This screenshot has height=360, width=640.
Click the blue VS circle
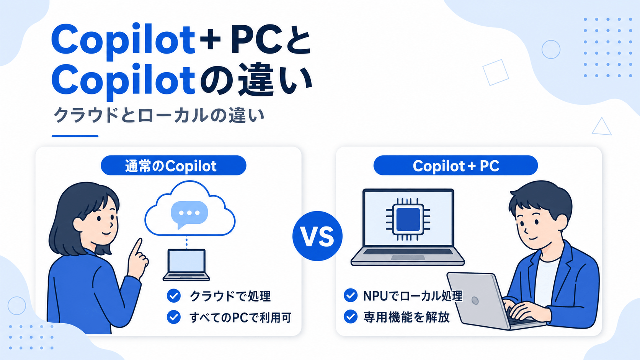[x=317, y=236]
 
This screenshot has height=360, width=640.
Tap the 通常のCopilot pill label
[x=173, y=165]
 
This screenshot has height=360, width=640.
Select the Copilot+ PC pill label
[x=456, y=165]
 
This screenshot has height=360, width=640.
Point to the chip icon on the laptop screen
[x=408, y=219]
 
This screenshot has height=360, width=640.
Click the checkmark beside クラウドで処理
[x=174, y=296]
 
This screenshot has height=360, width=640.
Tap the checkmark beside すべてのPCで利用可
[x=174, y=317]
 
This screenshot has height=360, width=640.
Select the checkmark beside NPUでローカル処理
[x=351, y=295]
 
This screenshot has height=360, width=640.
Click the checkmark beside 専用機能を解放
[x=351, y=316]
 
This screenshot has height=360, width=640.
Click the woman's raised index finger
[x=137, y=246]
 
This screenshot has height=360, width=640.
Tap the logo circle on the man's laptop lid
[x=475, y=300]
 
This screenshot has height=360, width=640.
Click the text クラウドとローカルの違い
[x=159, y=115]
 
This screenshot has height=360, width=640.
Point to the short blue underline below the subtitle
[x=75, y=136]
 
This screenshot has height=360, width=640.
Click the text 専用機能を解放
[x=407, y=317]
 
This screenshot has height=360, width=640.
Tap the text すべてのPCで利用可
[x=240, y=318]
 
